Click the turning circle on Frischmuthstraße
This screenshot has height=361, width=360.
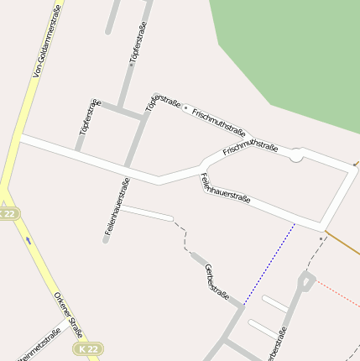pyautogui.click(x=295, y=156)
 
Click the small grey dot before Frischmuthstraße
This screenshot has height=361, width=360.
pyautogui.click(x=185, y=107)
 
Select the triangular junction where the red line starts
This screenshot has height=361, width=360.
pyautogui.click(x=305, y=281)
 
